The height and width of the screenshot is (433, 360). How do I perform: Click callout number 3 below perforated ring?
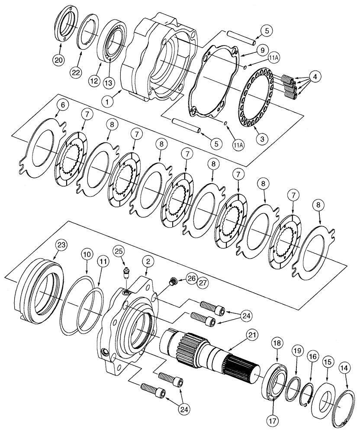262,139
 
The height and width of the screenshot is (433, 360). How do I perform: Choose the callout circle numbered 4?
315,77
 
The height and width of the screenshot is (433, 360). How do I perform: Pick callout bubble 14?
344,357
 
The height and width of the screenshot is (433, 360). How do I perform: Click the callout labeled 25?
119,251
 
